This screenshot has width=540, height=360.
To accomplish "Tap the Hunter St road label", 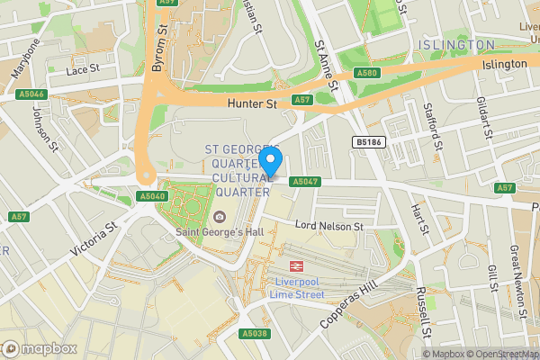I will click(x=253, y=104).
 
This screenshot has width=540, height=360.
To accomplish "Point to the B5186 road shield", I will click(x=364, y=142).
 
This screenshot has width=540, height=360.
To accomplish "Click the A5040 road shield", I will click(x=152, y=195).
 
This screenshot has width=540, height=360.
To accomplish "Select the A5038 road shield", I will click(x=254, y=333).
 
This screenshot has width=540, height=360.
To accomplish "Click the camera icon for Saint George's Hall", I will click(x=220, y=217).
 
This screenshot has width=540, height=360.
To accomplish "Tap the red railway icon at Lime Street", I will click(x=294, y=266).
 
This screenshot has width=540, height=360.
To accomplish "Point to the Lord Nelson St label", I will click(x=329, y=226).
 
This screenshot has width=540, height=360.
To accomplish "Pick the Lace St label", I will click(x=81, y=69).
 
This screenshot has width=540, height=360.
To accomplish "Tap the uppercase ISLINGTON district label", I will click(x=456, y=44).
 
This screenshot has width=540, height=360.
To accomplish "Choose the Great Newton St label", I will click(x=517, y=270).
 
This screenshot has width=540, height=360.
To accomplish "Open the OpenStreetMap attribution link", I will click(x=502, y=353).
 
